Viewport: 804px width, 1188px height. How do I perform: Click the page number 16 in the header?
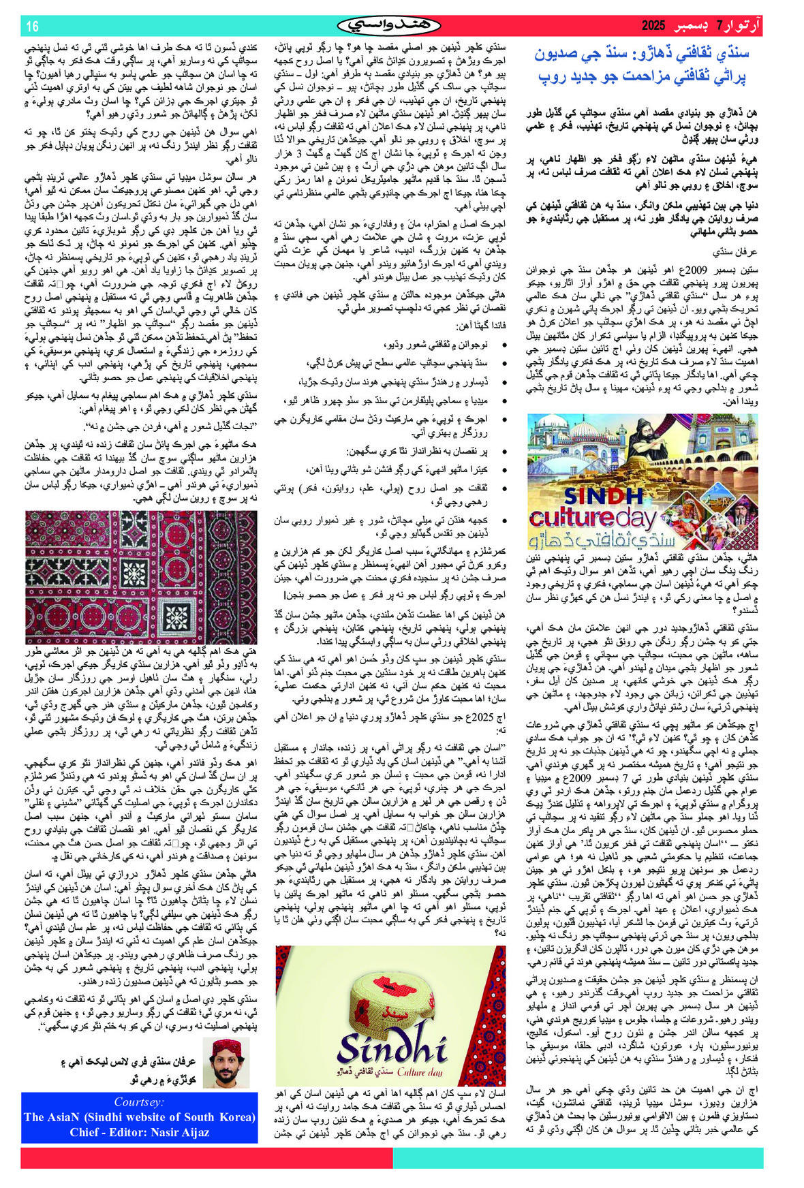[32, 27]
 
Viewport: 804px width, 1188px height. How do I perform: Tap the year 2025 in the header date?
[652, 27]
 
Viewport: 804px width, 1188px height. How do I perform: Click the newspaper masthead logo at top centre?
[389, 26]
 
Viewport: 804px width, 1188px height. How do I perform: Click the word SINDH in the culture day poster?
[604, 496]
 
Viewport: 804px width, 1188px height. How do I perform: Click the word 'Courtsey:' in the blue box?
[139, 1102]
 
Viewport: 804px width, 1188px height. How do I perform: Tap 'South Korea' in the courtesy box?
[219, 1117]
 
